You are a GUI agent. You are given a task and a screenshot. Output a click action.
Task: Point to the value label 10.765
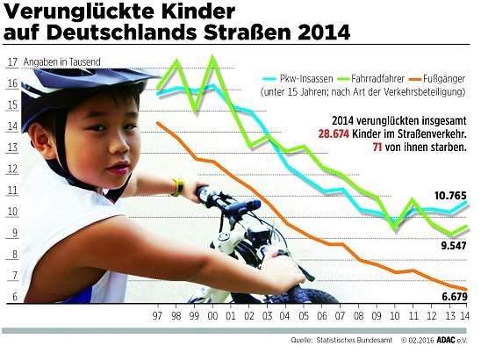[449, 194]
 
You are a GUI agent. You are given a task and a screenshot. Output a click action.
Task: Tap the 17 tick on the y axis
[11, 62]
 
